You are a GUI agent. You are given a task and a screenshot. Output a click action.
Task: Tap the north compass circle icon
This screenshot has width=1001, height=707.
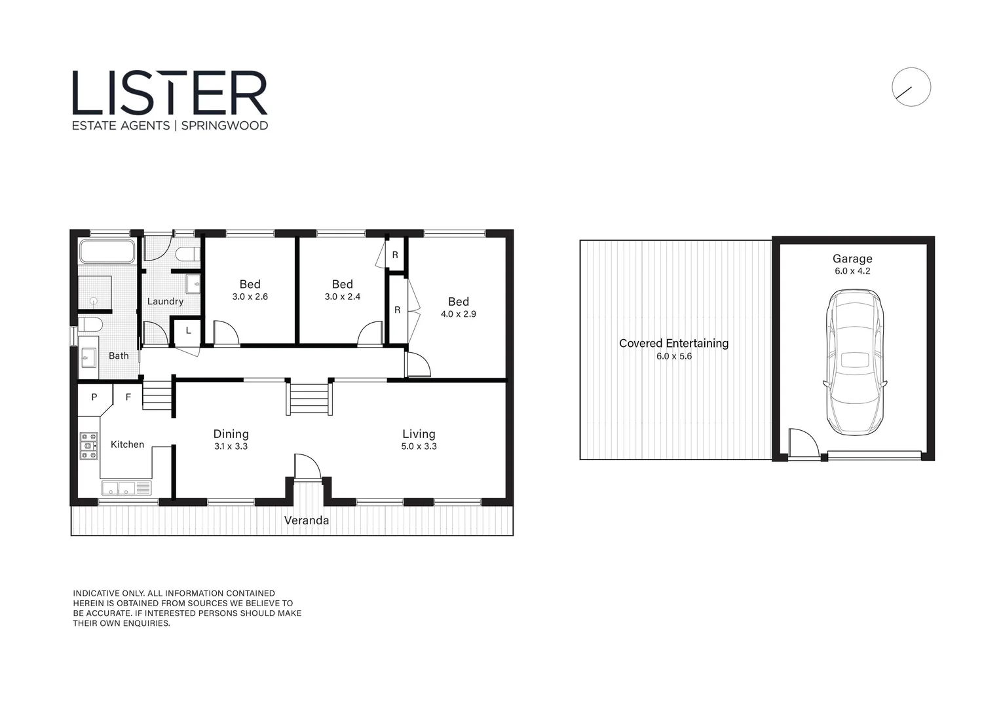coord(911,87)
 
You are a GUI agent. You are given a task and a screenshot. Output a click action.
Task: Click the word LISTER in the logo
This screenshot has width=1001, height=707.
coord(170,94)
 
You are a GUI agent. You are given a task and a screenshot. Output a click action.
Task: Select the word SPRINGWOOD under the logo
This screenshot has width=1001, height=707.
coord(224,126)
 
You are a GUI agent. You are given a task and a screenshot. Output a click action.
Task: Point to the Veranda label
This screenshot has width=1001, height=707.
coord(306,520)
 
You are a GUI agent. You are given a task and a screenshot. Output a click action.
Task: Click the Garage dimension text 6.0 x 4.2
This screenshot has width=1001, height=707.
coord(852,271)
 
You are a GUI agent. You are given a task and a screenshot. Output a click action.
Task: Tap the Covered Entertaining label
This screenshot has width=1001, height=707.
coord(673,343)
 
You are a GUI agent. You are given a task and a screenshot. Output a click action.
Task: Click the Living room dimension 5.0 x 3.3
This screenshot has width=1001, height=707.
coord(419,446)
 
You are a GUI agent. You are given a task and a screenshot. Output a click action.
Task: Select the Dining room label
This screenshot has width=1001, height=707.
coord(231,433)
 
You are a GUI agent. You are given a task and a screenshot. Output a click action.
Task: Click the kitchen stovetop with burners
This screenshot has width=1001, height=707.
coord(88,446)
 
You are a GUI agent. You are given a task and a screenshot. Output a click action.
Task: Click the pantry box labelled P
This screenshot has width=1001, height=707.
coord(94,397)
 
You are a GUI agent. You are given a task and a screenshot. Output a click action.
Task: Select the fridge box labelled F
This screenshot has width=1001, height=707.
coord(128,397)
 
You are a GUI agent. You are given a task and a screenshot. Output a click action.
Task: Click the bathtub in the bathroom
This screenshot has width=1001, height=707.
coord(107,251)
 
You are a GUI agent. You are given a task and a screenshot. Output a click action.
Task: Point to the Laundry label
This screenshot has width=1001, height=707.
coord(165,301)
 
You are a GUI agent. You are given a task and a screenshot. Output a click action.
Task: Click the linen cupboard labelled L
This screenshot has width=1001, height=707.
coord(188,331)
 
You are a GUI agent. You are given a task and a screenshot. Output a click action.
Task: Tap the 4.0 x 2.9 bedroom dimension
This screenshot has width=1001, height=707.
coord(458,314)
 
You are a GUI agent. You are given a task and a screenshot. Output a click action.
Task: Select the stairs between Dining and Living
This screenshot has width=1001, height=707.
coord(309,399)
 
